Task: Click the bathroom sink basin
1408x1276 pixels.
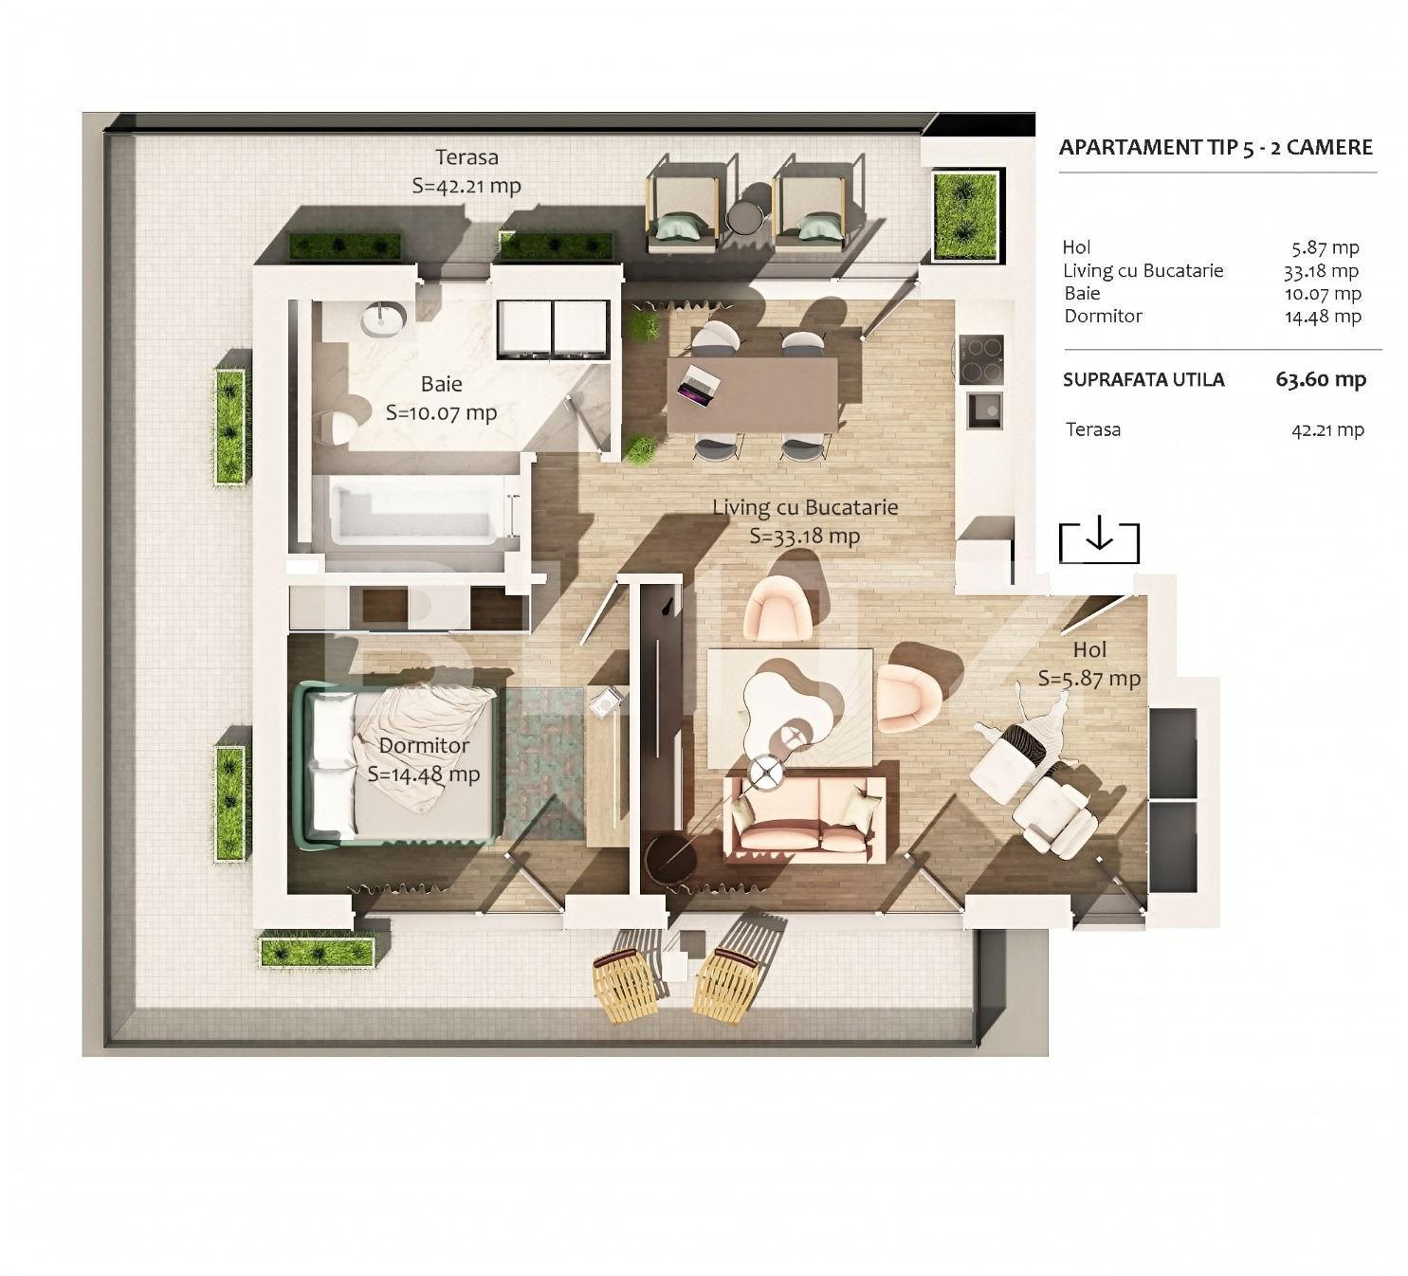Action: point(383,319)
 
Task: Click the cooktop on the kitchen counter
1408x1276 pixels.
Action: point(980,359)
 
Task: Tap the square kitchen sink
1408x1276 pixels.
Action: point(985,410)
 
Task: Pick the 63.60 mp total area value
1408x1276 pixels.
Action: point(1320,380)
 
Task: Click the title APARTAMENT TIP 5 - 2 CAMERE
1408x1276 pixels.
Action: point(1215,147)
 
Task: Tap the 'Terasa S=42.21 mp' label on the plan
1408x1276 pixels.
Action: point(466,172)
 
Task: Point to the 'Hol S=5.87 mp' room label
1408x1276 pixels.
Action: point(1088,664)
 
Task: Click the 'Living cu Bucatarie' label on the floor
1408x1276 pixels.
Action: point(805,507)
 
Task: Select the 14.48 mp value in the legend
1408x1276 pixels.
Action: point(1323,317)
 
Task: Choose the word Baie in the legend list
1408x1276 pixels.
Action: point(1082,293)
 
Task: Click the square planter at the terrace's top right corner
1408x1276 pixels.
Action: point(965,216)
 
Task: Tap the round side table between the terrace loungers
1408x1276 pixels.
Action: point(744,218)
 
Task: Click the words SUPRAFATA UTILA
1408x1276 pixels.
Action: point(1143,380)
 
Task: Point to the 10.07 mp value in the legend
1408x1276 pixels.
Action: point(1323,293)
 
